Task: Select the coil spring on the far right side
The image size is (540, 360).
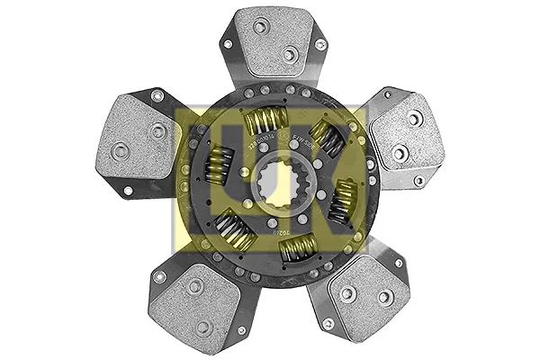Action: (x=344, y=201)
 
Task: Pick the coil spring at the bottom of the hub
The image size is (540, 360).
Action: (x=298, y=247)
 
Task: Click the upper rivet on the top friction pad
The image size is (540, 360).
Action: (x=260, y=27)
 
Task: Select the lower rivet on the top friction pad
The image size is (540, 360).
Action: (x=289, y=55)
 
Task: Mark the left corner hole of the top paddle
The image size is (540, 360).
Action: (x=228, y=43)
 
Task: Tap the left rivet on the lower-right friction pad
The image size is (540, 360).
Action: (x=347, y=292)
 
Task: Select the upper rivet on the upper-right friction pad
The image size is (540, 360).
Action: (x=413, y=118)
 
